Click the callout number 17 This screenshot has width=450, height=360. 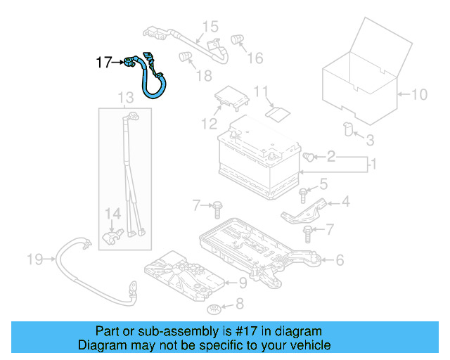[103, 63]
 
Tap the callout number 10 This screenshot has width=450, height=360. [418, 94]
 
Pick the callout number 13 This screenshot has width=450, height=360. [125, 96]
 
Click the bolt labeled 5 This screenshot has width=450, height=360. [303, 191]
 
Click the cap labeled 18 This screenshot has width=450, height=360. [186, 56]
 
